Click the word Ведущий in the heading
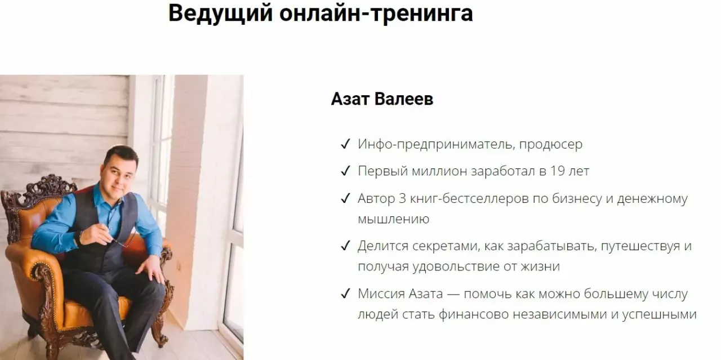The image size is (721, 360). pos(220,14)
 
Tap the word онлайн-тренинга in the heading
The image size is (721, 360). pos(376,14)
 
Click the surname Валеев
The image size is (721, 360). pos(404,99)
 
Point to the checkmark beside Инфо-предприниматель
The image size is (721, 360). pos(345,144)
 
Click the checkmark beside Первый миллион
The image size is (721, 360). pos(345,171)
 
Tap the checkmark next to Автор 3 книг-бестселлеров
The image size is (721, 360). pos(345,198)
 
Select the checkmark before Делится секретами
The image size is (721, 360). pos(345,246)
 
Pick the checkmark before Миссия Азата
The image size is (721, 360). pos(345,294)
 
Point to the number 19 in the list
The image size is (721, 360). pos(558,171)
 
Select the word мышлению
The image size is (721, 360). pos(394,220)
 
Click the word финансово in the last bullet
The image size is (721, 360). pos(474,314)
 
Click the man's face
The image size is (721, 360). pos(118,175)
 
